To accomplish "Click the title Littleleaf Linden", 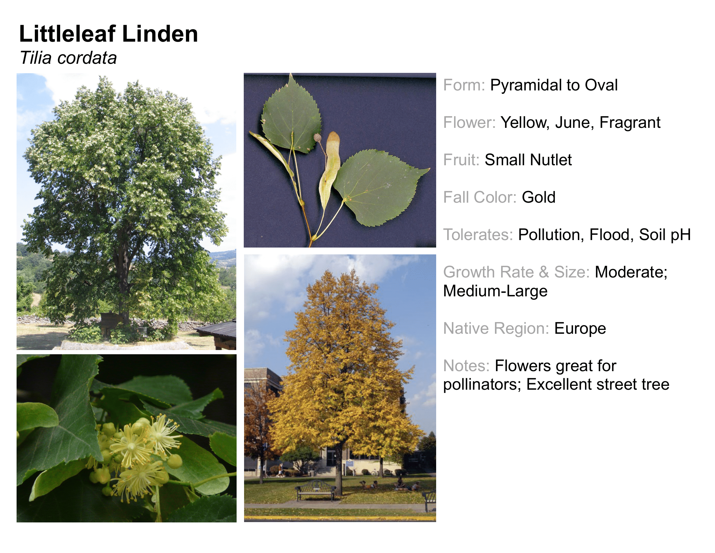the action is (109, 34).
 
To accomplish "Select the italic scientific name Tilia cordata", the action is (68, 58).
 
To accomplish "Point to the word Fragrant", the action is (630, 123).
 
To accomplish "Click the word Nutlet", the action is (551, 160).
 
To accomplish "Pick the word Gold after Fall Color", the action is (539, 197).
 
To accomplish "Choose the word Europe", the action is (580, 329).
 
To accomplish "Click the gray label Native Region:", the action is (496, 329).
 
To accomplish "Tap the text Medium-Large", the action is (495, 291).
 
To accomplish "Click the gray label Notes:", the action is (466, 366).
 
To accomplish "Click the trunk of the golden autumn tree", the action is (339, 468).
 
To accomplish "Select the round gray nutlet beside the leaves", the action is (317, 138).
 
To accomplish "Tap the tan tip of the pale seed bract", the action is (333, 137).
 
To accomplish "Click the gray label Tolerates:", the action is (478, 235).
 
